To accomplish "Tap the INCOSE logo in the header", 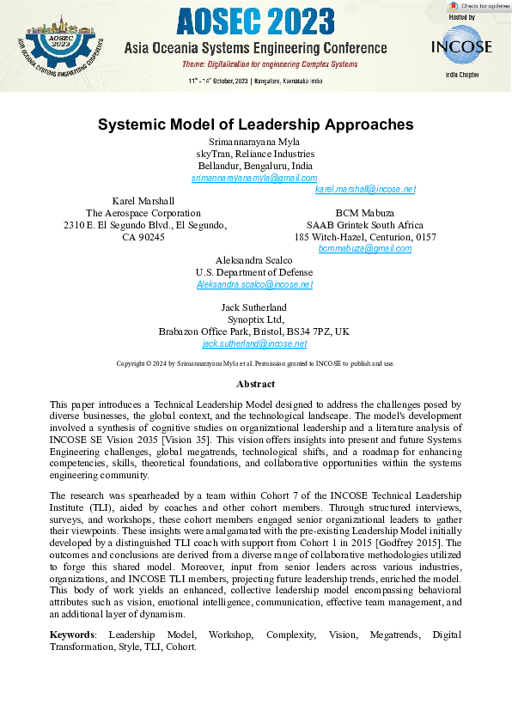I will (461, 46).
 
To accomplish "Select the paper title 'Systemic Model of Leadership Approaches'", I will (255, 125).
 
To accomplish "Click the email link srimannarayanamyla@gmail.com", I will (254, 177).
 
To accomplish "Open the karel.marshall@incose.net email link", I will (365, 189).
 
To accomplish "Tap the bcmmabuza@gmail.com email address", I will (364, 248).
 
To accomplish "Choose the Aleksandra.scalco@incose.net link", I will (254, 284).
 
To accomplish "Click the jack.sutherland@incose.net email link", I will (254, 343).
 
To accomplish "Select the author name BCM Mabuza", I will (364, 213).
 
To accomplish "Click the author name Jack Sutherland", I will (254, 307).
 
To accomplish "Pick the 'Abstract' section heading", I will (255, 384).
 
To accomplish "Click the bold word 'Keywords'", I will (71, 635).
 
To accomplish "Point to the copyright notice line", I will (255, 363).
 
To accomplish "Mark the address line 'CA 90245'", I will (143, 236).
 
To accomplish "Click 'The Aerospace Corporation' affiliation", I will (143, 213).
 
